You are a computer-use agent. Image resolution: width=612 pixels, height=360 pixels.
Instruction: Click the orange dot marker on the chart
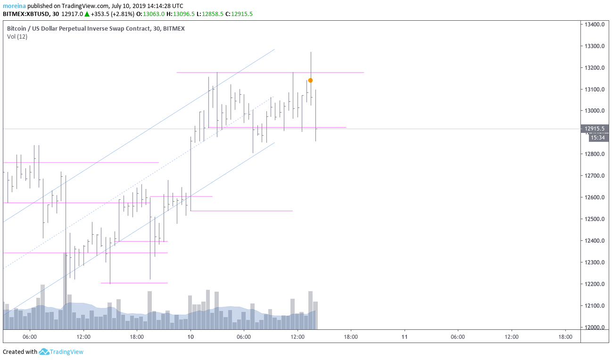coord(310,80)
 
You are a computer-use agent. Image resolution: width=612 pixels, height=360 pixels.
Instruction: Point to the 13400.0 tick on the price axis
coord(595,25)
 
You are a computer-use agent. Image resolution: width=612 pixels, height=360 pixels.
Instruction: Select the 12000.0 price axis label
coord(595,327)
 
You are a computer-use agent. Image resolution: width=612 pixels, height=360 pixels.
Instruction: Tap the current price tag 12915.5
coord(595,129)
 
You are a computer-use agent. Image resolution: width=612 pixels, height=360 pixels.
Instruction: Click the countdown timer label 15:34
coord(597,138)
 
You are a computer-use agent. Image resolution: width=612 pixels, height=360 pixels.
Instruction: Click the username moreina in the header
coord(14,6)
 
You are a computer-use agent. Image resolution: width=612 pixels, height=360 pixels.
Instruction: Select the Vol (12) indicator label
coord(17,37)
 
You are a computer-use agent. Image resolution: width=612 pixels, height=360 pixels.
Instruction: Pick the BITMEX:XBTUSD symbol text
coord(26,14)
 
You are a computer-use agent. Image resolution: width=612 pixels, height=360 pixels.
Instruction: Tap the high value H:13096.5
coord(182,14)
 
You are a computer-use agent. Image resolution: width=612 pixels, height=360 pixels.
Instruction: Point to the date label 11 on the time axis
coord(404,337)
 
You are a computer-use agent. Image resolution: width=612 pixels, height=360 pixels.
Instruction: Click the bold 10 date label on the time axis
coord(190,337)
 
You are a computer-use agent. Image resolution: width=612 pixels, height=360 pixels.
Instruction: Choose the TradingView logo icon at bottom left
coord(44,352)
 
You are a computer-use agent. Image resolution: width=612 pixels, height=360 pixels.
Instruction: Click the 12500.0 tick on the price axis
coord(595,219)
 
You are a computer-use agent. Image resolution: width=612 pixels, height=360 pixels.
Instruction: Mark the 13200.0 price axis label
coord(595,68)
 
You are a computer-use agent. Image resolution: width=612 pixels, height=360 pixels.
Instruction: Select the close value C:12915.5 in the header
coord(240,14)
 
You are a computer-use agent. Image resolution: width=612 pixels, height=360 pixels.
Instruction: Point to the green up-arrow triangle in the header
coord(87,14)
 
